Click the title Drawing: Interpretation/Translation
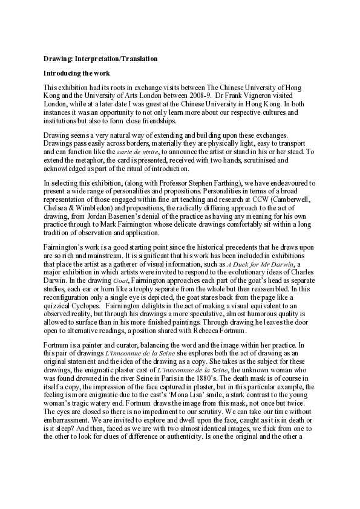click(x=100, y=59)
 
